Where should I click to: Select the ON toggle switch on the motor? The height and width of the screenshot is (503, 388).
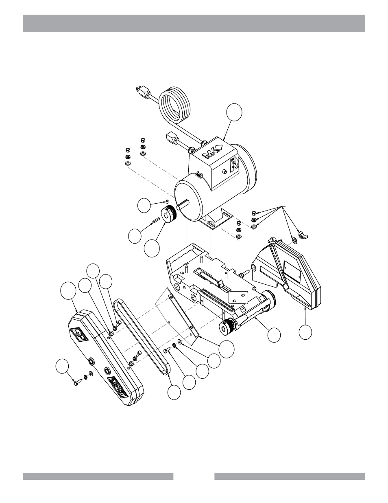tap(234, 164)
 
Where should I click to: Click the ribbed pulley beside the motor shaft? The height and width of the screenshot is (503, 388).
tap(168, 214)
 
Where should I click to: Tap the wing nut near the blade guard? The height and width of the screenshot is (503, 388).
tap(301, 235)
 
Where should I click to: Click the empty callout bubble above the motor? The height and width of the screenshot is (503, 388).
tap(235, 112)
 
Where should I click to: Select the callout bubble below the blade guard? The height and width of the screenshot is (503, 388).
tap(305, 332)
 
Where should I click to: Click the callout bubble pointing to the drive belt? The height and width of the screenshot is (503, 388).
tap(174, 392)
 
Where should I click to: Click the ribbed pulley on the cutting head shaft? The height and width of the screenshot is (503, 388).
tap(226, 327)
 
